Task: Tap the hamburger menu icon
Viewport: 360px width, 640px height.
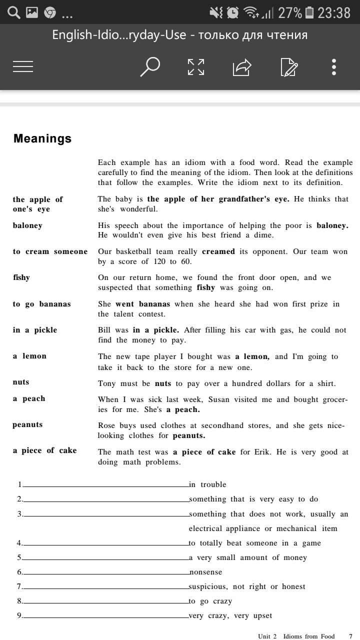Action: tap(23, 66)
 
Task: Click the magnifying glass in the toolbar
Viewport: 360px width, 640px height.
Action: tap(149, 66)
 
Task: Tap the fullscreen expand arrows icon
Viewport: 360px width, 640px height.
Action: tap(196, 66)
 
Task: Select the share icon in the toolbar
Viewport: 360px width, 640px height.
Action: tap(242, 67)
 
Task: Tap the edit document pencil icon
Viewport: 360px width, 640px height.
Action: tap(289, 67)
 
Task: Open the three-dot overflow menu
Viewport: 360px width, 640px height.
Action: tap(334, 66)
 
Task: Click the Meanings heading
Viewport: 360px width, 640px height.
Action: tap(42, 139)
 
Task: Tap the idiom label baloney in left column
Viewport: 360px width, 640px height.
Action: tap(27, 225)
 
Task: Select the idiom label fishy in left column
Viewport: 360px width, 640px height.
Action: tap(21, 277)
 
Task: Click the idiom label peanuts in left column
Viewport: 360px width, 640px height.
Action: tap(27, 424)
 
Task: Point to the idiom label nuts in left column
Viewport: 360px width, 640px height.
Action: tap(21, 382)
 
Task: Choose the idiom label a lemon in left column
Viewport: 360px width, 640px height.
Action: tap(29, 356)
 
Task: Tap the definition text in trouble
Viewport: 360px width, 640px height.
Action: tap(207, 484)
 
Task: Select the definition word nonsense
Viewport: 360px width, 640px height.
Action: tap(205, 572)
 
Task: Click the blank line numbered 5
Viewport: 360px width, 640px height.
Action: tap(105, 558)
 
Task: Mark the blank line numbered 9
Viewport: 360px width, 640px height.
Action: tap(105, 616)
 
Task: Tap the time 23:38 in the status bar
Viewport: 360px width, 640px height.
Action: tap(334, 12)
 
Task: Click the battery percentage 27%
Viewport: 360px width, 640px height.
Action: tap(290, 12)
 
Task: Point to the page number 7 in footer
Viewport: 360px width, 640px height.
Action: tap(350, 636)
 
